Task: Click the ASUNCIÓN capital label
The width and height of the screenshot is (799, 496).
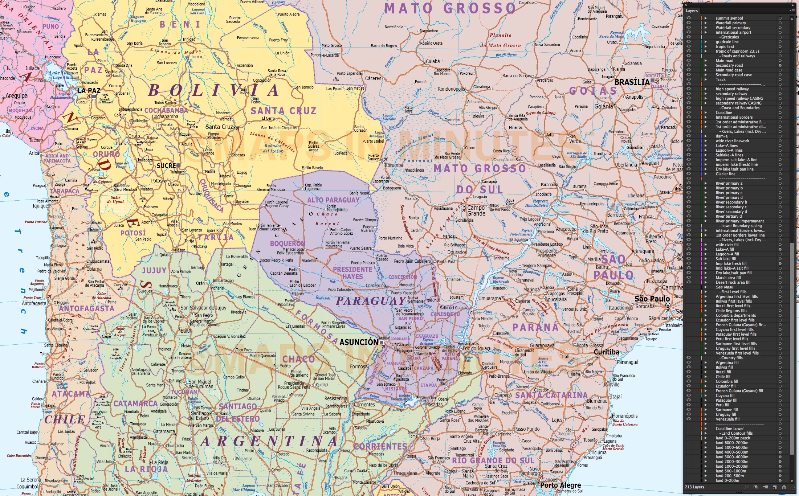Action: [x=359, y=342]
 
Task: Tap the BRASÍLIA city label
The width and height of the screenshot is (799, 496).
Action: [x=632, y=82]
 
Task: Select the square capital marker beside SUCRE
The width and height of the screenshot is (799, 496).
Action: [x=179, y=165]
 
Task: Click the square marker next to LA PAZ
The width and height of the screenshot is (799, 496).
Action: [x=94, y=97]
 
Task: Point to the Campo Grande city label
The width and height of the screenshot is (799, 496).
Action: [x=476, y=210]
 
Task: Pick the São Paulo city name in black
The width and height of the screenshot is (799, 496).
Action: [x=652, y=299]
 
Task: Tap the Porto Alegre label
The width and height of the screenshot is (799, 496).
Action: [x=560, y=485]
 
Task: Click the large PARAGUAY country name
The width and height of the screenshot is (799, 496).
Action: [x=371, y=301]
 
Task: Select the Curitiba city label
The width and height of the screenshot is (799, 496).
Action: [x=606, y=352]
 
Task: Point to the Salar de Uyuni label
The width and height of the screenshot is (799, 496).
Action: [x=115, y=200]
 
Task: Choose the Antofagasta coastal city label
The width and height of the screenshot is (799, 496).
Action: [x=34, y=303]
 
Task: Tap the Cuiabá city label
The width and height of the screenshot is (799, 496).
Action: [x=432, y=61]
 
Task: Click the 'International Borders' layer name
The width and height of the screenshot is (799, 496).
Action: [x=734, y=117]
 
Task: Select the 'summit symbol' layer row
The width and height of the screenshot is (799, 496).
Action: [x=729, y=18]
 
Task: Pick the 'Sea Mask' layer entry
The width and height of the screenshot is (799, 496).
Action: [x=724, y=287]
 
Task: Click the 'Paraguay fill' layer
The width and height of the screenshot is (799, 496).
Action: [x=726, y=400]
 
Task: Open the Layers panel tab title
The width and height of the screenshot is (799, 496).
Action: [x=692, y=11]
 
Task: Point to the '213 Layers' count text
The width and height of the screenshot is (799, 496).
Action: [x=694, y=487]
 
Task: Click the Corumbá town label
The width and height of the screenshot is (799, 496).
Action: [x=394, y=165]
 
